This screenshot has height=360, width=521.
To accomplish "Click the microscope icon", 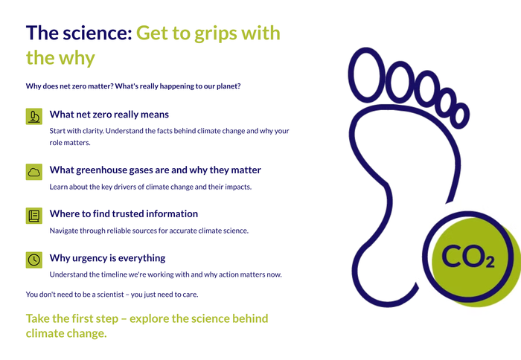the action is coord(34,117).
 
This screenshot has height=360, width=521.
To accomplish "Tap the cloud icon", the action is coord(34,172).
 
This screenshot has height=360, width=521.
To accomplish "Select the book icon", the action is coord(34,216).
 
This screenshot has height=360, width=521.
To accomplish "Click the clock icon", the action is coord(34,260).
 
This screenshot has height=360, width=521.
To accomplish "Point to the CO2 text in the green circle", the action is coord(468,257).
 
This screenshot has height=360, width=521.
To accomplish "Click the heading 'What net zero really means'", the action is coord(109,115).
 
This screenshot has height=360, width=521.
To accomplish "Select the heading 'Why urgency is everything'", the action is coord(107,258).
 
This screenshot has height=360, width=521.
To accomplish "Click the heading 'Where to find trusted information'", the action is coord(124,213).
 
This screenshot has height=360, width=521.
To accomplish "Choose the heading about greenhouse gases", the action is coord(155,170).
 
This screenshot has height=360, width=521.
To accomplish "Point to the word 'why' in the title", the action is coord(77,59).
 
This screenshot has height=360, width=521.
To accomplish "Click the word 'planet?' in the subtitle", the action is coord(228,86).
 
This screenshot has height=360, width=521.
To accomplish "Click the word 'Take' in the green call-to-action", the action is coord(37,318).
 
